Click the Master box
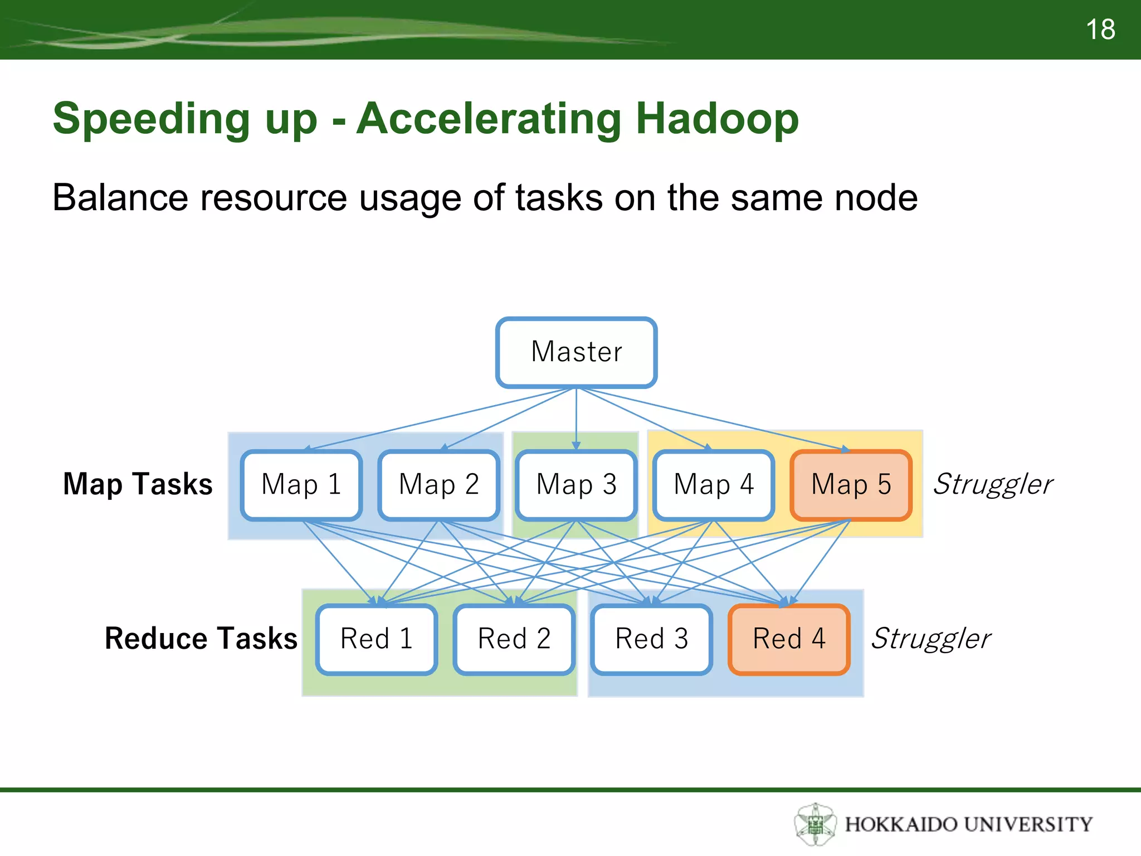(576, 352)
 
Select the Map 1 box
(301, 484)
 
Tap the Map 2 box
(439, 484)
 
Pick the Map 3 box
(576, 484)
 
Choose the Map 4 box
(714, 484)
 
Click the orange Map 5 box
(851, 484)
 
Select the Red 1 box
(377, 639)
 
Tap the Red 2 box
(514, 639)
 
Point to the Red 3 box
(651, 639)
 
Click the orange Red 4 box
(789, 639)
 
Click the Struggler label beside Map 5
(993, 484)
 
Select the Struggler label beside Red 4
(931, 639)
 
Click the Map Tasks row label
(138, 484)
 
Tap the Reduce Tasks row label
(201, 639)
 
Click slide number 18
(1100, 30)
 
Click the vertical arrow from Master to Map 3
(576, 418)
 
